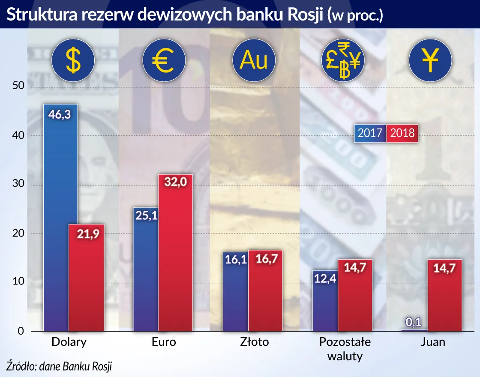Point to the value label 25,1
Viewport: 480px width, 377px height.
pos(146,216)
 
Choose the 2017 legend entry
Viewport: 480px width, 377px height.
pos(370,133)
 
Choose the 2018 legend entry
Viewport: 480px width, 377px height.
pos(402,133)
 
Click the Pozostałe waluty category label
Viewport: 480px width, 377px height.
pos(345,349)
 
